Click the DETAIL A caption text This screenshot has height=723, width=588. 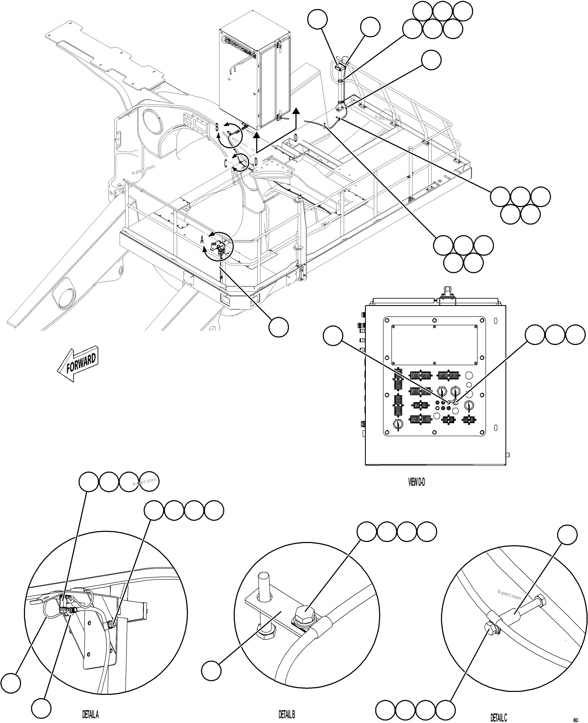pos(91,715)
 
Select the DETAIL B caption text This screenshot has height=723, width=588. pos(287,715)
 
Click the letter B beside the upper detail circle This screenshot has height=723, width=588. pos(217,127)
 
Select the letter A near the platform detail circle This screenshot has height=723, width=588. pos(202,240)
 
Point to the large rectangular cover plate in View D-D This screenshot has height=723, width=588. pos(434,345)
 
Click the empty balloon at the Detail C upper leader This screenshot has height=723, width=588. pos(567,535)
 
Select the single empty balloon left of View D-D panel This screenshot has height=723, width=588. pos(333,336)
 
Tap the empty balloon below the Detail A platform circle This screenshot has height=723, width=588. pos(278,327)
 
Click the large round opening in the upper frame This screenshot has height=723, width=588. pos(153,120)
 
